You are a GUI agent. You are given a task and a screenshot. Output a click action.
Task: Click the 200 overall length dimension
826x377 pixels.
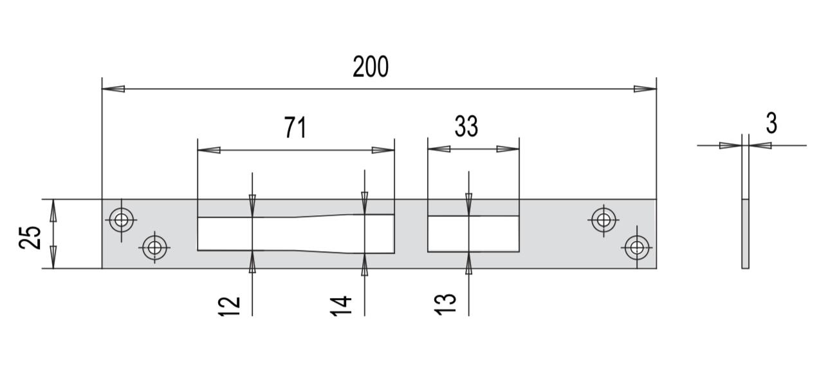pyautogui.click(x=371, y=67)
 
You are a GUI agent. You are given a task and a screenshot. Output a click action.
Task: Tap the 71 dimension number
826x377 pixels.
pyautogui.click(x=295, y=127)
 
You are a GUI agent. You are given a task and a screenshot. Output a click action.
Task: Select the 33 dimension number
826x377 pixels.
pyautogui.click(x=466, y=127)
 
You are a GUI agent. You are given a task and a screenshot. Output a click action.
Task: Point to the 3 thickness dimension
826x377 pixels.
pyautogui.click(x=771, y=123)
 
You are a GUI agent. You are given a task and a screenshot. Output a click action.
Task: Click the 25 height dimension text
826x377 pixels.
pyautogui.click(x=30, y=238)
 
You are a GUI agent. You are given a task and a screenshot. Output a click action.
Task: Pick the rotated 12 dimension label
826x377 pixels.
pyautogui.click(x=230, y=306)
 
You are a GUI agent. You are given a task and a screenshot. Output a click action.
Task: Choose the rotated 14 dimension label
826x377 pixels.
pyautogui.click(x=341, y=306)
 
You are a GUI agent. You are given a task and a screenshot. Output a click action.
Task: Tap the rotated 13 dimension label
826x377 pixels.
pyautogui.click(x=445, y=304)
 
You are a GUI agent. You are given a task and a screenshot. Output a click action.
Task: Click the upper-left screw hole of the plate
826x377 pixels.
pyautogui.click(x=122, y=220)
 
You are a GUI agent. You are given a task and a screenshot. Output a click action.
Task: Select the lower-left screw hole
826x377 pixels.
pyautogui.click(x=154, y=247)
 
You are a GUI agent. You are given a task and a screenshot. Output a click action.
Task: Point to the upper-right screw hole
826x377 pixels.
pyautogui.click(x=603, y=220)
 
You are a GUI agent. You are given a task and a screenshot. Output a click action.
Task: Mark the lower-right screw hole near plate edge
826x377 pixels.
pyautogui.click(x=637, y=247)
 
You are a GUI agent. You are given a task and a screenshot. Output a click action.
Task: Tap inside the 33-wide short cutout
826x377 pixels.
pyautogui.click(x=473, y=234)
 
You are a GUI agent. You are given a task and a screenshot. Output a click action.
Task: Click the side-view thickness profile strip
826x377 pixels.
pyautogui.click(x=745, y=233)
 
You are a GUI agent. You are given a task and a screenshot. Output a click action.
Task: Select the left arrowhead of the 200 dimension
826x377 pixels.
pyautogui.click(x=113, y=89)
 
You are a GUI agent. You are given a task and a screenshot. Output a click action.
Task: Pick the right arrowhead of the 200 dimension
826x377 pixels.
pyautogui.click(x=645, y=89)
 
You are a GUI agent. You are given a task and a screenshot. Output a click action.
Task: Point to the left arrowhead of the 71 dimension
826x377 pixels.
pyautogui.click(x=209, y=150)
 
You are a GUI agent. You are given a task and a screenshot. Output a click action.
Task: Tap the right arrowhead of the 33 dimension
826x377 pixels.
pyautogui.click(x=508, y=149)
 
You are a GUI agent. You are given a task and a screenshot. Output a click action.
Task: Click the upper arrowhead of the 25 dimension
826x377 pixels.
pyautogui.click(x=53, y=211)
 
